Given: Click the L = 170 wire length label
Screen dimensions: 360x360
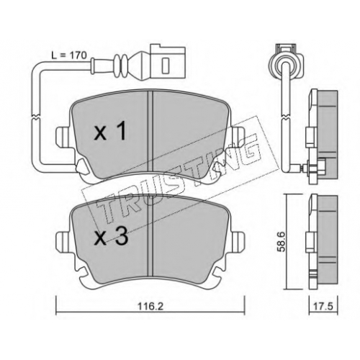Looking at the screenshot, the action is [69, 55].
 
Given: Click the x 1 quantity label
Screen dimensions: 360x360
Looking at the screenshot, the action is [110, 131].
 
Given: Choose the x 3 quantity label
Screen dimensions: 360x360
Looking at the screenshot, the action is [111, 237].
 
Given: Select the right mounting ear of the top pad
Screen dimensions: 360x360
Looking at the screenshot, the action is [237, 137].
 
